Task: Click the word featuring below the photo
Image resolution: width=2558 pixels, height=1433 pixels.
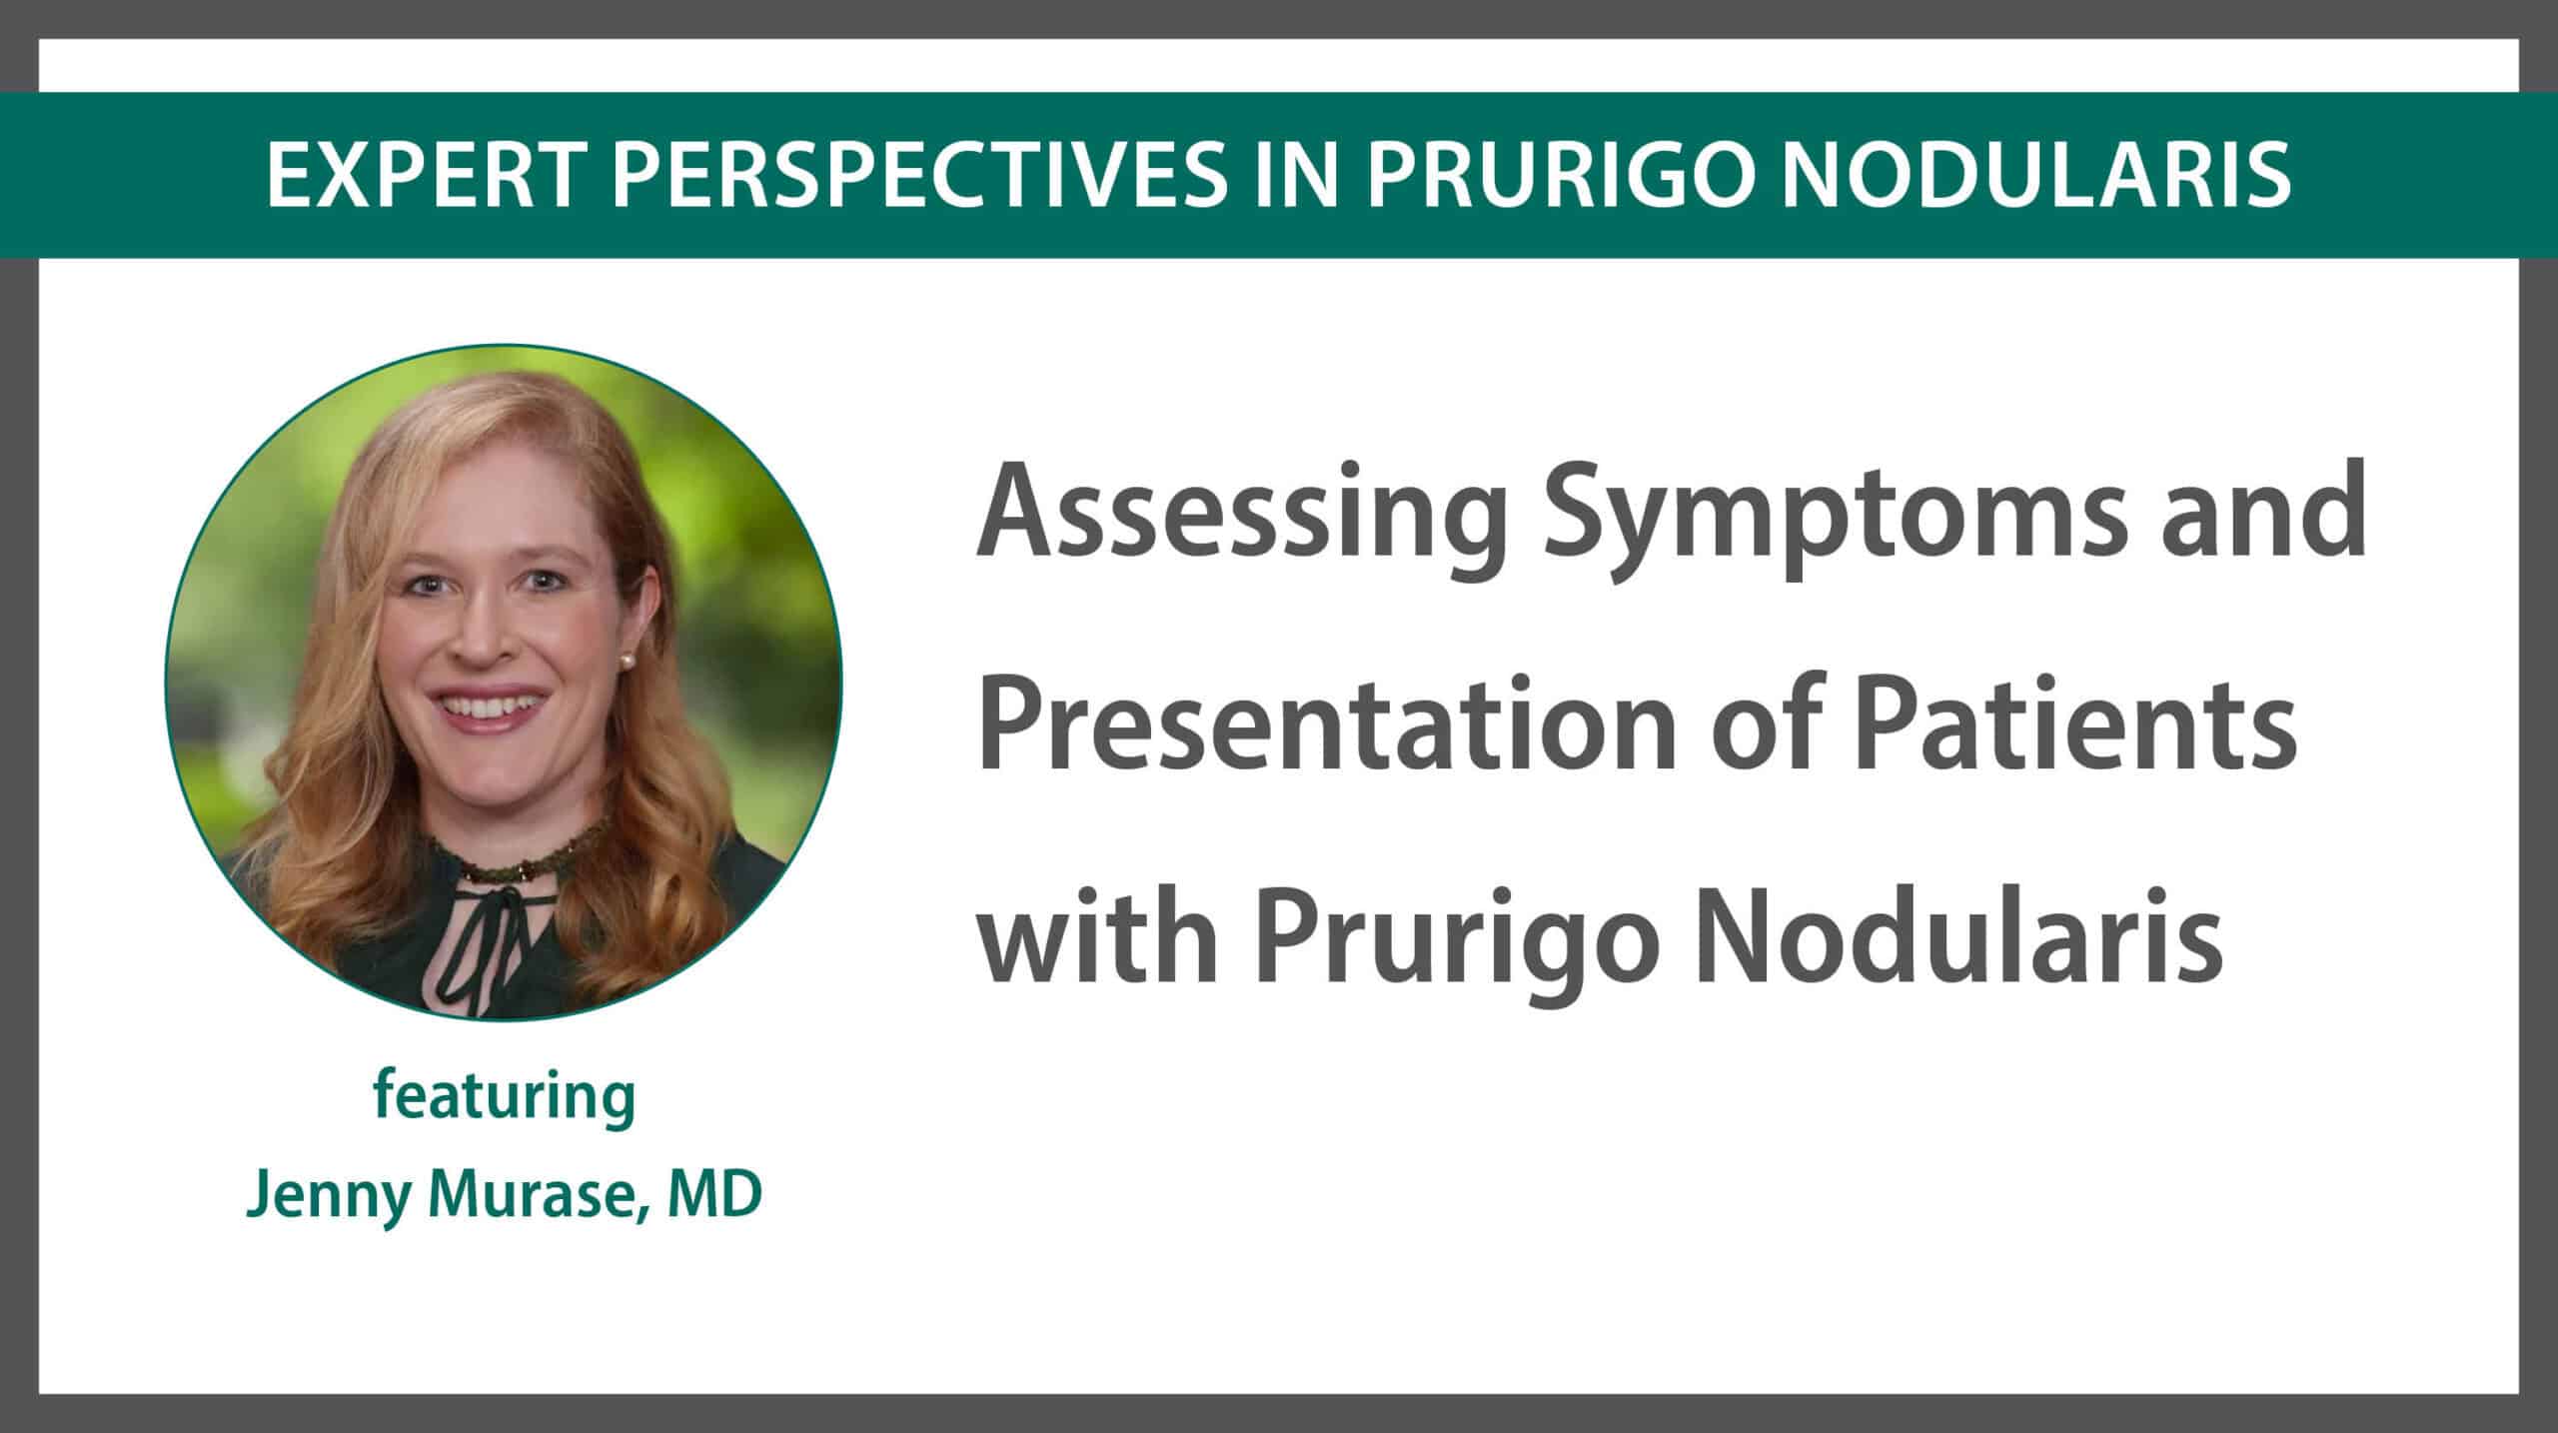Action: point(505,1099)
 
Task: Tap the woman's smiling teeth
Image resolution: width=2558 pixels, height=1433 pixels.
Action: point(490,707)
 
